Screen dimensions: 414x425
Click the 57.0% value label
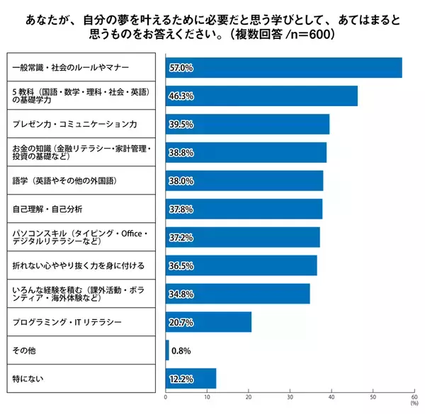pos(181,68)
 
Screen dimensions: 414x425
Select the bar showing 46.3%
pos(261,96)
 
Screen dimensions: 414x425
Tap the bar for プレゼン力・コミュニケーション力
pos(247,124)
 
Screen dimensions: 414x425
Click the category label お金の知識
pos(80,152)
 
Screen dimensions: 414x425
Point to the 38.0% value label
pos(181,180)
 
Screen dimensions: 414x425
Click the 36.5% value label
pos(181,265)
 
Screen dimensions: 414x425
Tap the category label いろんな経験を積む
pos(80,294)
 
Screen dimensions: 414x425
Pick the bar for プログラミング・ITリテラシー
pos(208,322)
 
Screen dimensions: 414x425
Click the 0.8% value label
pos(181,350)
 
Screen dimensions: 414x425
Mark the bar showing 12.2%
pos(191,379)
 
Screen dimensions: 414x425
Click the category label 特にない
pos(28,379)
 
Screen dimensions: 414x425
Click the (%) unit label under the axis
pos(414,405)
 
